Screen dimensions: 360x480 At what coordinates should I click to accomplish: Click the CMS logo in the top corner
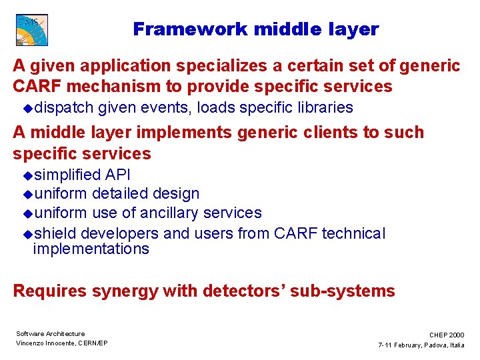[32, 30]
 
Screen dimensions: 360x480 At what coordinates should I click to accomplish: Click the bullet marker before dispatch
[27, 108]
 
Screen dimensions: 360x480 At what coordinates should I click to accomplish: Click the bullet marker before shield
[27, 234]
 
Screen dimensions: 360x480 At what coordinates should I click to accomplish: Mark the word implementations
[91, 249]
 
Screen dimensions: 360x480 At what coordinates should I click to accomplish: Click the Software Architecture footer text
[51, 333]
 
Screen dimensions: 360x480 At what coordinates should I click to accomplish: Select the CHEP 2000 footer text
[447, 335]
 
